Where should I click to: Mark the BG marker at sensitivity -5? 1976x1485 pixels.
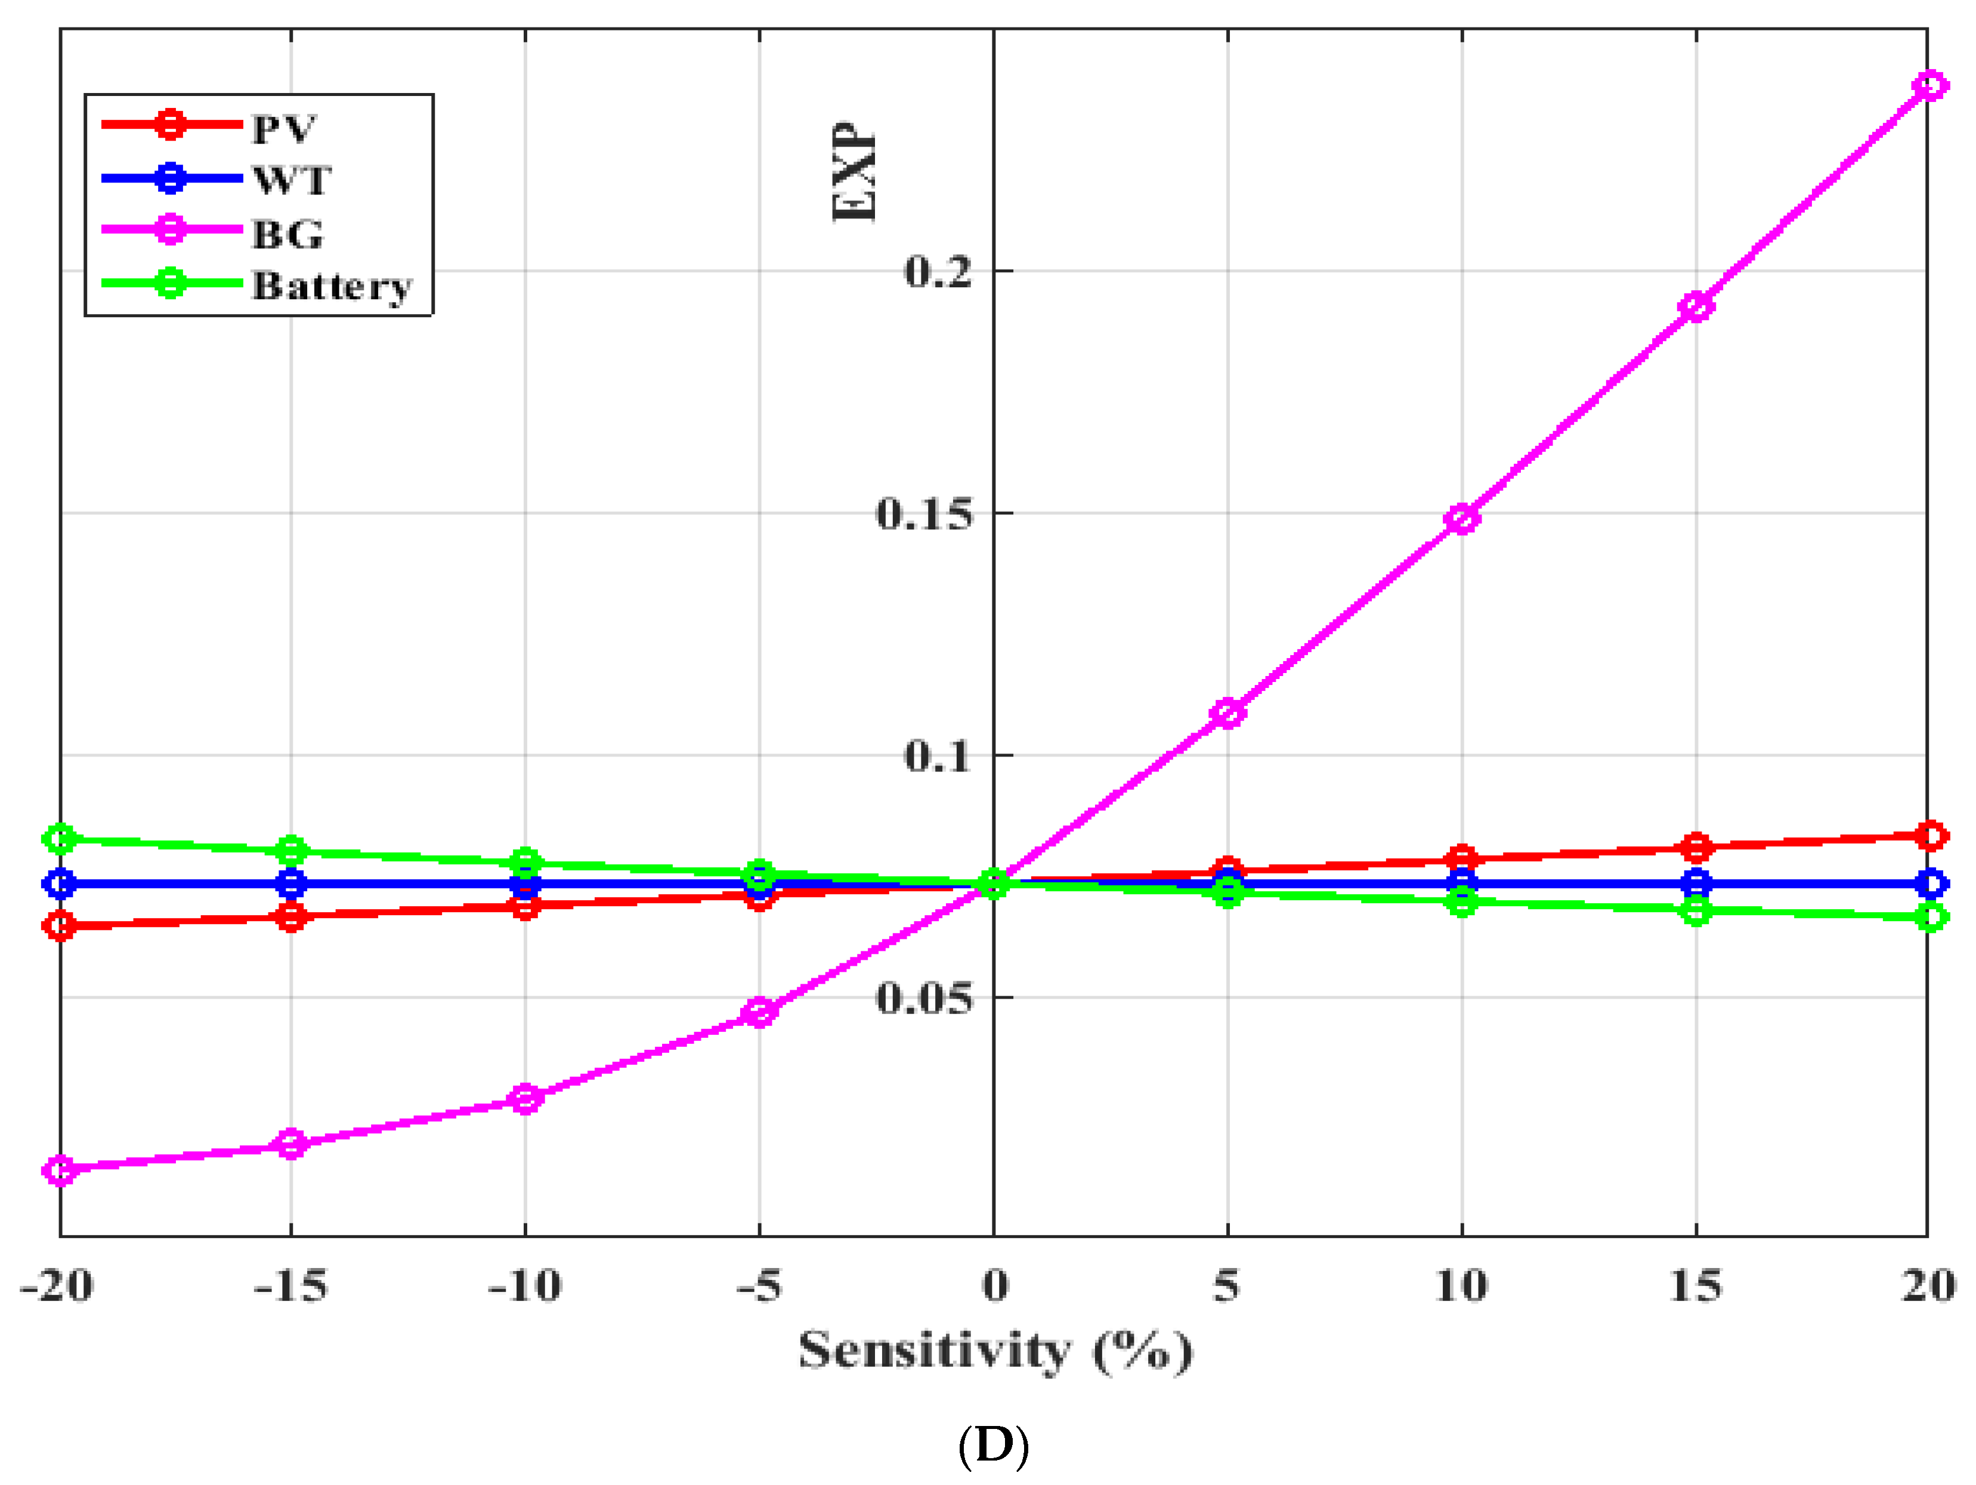point(759,1012)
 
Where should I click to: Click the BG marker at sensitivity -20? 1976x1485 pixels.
point(60,1170)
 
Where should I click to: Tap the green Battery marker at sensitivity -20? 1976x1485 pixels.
point(60,839)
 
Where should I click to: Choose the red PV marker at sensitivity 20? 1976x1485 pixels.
point(1929,836)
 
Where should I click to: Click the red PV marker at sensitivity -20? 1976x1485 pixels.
point(60,926)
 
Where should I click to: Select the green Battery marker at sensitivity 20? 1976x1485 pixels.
point(1929,916)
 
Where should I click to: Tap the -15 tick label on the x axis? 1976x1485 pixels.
point(291,1286)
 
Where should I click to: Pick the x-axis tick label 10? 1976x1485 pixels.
point(1461,1286)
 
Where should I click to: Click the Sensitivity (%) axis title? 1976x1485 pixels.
point(994,1351)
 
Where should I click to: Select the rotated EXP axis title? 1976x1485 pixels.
point(853,172)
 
